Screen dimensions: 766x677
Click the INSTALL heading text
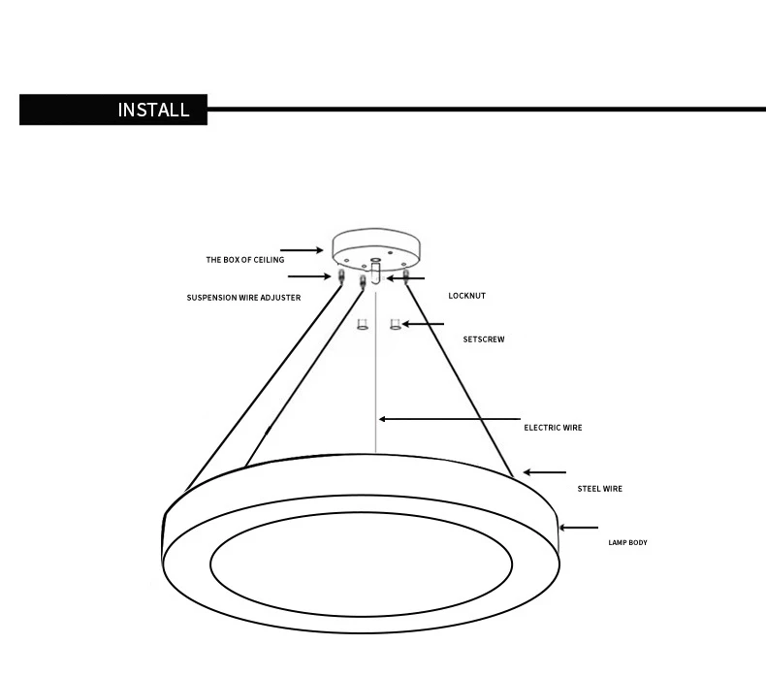point(153,110)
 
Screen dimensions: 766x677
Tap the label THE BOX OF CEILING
point(244,260)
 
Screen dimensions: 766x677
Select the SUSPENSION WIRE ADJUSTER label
point(243,298)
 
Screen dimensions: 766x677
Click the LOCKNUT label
point(466,295)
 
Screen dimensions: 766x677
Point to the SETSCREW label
point(483,340)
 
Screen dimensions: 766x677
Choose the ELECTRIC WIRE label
point(553,427)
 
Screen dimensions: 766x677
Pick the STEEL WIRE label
point(599,489)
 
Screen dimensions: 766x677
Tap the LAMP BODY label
point(627,542)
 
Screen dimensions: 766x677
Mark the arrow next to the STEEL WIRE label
point(545,472)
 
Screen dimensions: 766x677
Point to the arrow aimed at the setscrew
point(424,324)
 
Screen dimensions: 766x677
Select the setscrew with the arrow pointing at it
point(396,324)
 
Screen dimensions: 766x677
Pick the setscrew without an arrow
point(362,324)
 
